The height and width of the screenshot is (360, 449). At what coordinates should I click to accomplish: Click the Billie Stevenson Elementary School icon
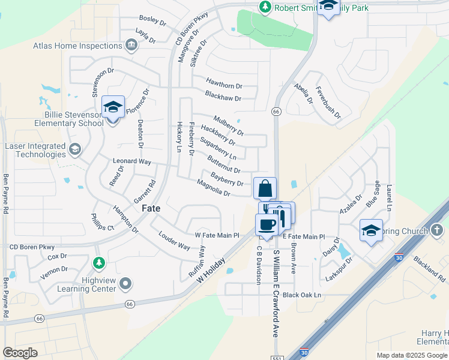pos(113,107)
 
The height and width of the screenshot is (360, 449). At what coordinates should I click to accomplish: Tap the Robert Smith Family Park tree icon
pos(265,7)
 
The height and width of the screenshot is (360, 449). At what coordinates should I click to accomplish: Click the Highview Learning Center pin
pos(125,283)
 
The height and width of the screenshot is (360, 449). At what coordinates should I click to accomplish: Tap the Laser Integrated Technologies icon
pos(75,149)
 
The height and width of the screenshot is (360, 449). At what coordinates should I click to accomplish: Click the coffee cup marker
pos(267,225)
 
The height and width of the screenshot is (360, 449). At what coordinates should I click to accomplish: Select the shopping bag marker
pos(265,189)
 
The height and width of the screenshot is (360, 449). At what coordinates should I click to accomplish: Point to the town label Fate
pos(151,209)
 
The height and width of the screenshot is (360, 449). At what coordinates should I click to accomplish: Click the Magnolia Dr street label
pos(214,189)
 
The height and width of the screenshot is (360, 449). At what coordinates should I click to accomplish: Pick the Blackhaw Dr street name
pos(223,97)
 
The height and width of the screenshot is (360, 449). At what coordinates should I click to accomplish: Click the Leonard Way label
pos(132,162)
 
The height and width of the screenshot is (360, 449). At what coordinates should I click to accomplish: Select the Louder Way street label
pos(174,241)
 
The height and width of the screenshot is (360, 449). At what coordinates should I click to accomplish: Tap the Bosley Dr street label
pos(152,21)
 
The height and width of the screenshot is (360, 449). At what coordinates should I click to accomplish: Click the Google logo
pos(20,352)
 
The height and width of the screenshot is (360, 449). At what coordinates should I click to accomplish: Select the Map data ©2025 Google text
pos(411,355)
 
